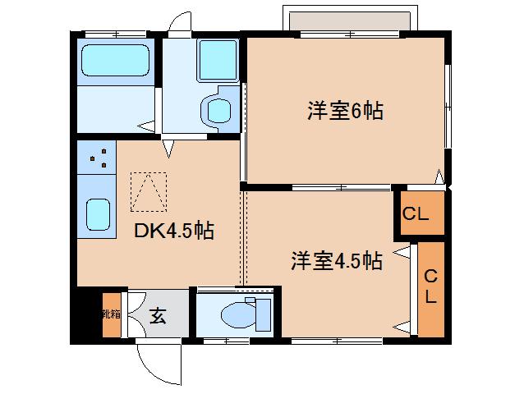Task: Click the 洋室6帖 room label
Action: coord(344,112)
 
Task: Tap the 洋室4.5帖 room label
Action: coord(336,261)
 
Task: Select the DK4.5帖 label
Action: coord(174,231)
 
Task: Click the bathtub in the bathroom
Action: coord(116,60)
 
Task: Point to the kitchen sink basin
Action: coord(99,216)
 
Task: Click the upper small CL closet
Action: coord(416,214)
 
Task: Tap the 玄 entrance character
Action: coord(159,315)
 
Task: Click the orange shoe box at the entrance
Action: coord(110,314)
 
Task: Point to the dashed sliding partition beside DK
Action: coord(243,238)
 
